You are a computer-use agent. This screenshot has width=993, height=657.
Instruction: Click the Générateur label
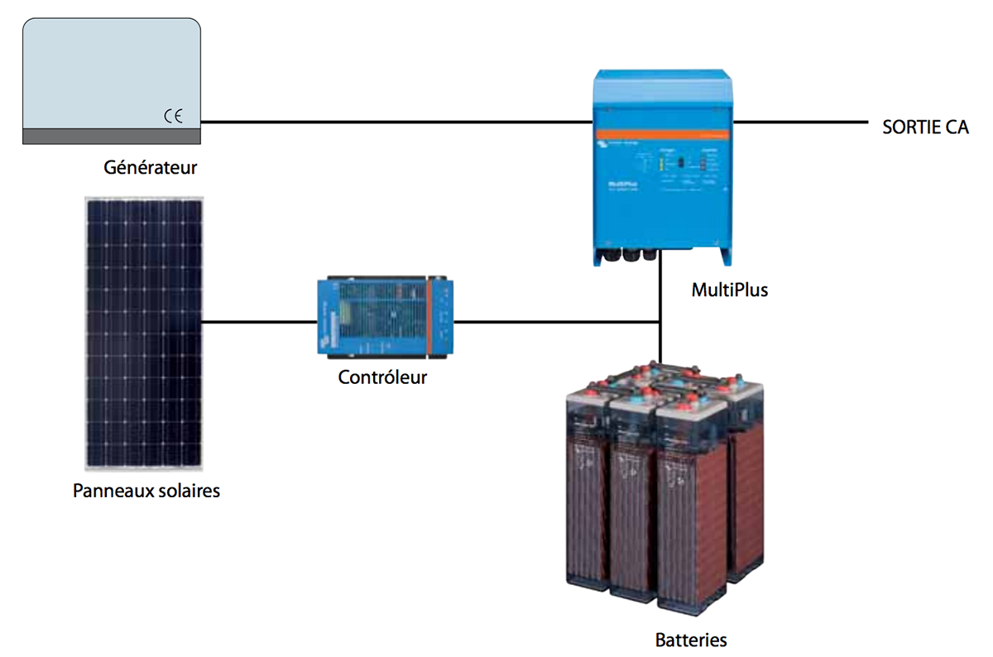tap(151, 167)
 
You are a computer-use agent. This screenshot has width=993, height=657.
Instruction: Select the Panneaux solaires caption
tap(146, 491)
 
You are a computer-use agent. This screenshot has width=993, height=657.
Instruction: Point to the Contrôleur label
tap(382, 378)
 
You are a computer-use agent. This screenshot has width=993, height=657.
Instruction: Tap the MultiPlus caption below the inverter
tap(729, 290)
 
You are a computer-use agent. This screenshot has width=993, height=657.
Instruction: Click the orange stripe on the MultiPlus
tap(662, 132)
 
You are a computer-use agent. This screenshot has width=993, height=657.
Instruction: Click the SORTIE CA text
tap(925, 127)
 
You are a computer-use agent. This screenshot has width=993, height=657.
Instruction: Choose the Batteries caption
tap(691, 640)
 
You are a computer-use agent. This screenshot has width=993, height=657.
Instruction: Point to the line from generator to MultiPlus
tap(397, 122)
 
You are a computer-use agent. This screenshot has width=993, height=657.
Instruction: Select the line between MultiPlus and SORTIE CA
tap(799, 122)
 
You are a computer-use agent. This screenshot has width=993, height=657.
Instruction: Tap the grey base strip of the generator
tap(111, 135)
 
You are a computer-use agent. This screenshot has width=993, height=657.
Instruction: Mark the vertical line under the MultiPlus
tap(660, 298)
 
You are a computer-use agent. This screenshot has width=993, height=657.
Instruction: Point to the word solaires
tap(189, 491)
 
